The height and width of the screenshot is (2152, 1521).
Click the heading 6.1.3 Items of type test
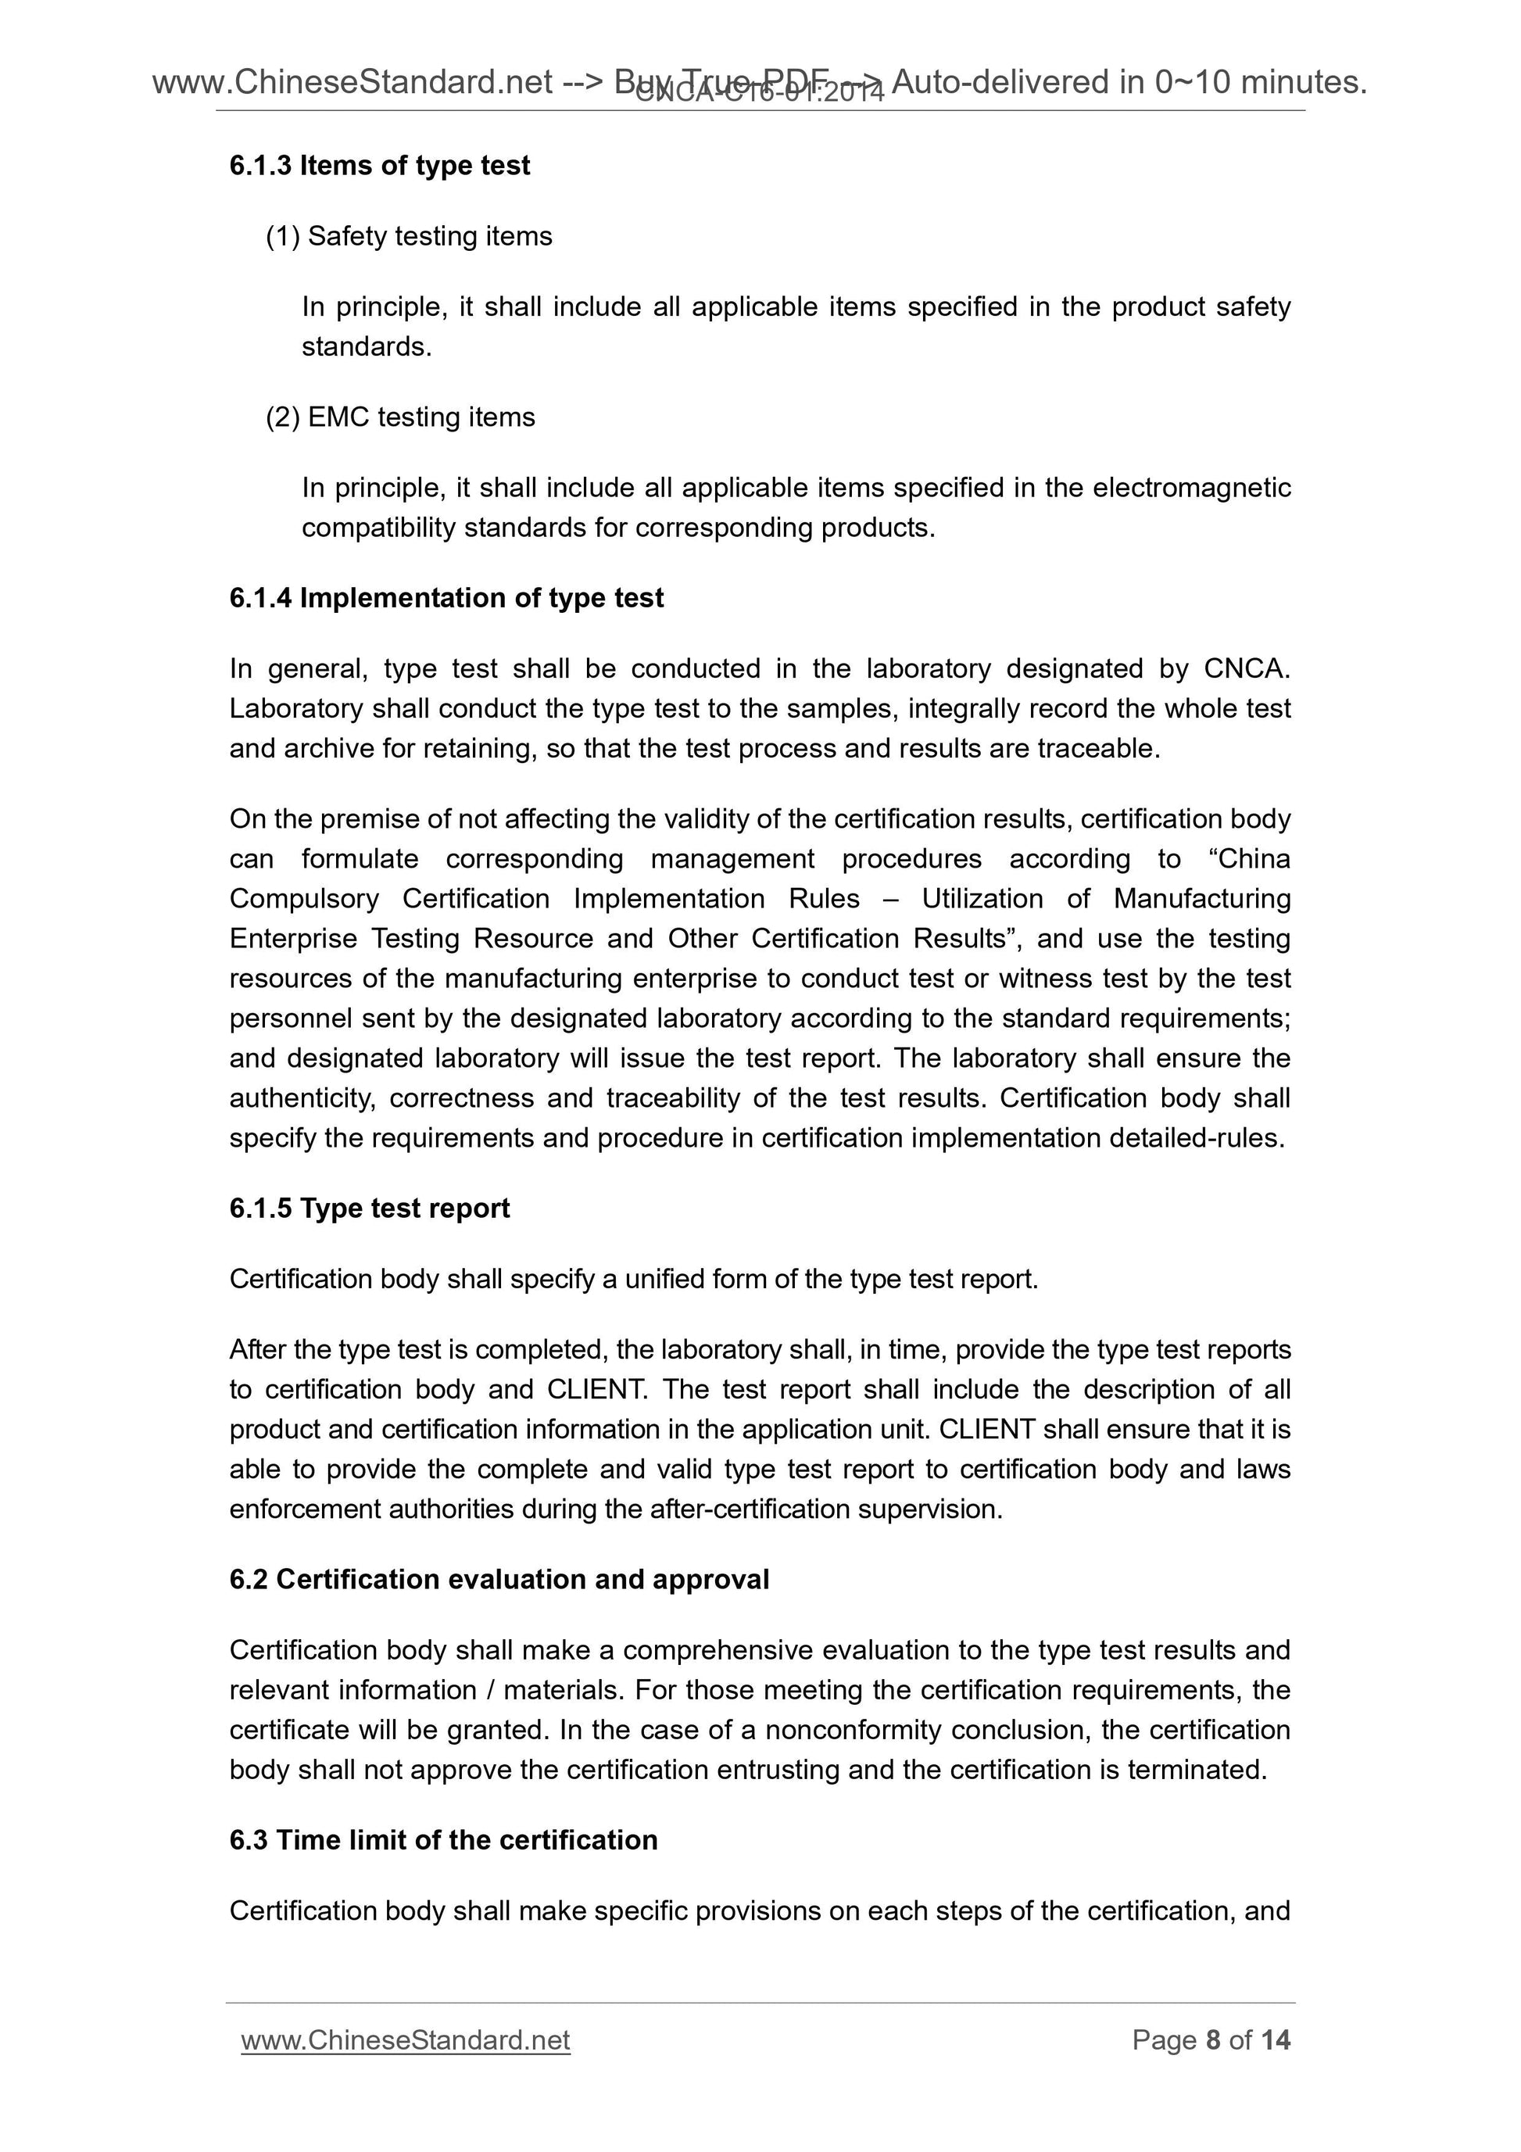pyautogui.click(x=380, y=166)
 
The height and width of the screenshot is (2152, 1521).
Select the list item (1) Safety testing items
pyautogui.click(x=410, y=236)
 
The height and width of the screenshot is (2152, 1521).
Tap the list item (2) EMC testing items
pyautogui.click(x=400, y=417)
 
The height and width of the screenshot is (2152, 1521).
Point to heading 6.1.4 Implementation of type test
pyautogui.click(x=446, y=598)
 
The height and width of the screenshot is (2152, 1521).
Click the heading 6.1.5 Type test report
pyautogui.click(x=369, y=1209)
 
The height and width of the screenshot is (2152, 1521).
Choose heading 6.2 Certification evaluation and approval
pyautogui.click(x=499, y=1581)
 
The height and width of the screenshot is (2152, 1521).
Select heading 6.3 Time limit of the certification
pyautogui.click(x=443, y=1841)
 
